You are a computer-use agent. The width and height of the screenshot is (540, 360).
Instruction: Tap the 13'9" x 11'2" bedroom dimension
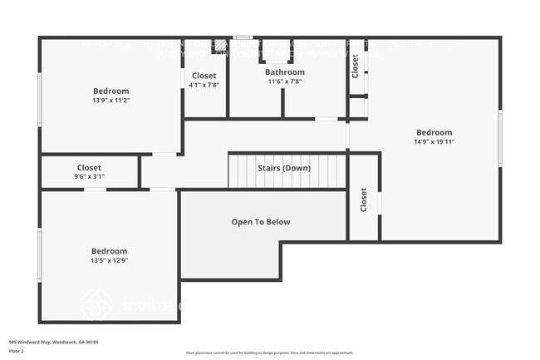[x=110, y=101]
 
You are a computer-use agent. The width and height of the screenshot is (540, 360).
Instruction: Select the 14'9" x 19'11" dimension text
[x=434, y=142]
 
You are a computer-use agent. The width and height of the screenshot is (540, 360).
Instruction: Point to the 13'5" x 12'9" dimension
[x=109, y=260]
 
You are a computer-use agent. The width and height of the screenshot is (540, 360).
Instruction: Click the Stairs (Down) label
[x=284, y=169]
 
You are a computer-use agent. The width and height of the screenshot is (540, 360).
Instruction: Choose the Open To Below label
[x=260, y=222]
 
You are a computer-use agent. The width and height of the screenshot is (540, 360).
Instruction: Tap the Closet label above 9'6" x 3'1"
[x=89, y=167]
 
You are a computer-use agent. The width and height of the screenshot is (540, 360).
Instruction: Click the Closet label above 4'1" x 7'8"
[x=204, y=76]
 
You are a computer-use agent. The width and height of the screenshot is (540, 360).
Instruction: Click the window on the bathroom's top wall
[x=242, y=37]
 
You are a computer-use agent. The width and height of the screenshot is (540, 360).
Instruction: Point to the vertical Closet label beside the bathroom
[x=356, y=66]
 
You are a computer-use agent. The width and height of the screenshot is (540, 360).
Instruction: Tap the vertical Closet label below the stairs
[x=363, y=200]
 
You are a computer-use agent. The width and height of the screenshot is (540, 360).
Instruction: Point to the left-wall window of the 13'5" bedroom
[x=40, y=255]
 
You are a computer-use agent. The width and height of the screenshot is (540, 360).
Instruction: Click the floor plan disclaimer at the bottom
[x=269, y=353]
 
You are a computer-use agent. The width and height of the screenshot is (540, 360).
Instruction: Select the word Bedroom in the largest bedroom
[x=434, y=132]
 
